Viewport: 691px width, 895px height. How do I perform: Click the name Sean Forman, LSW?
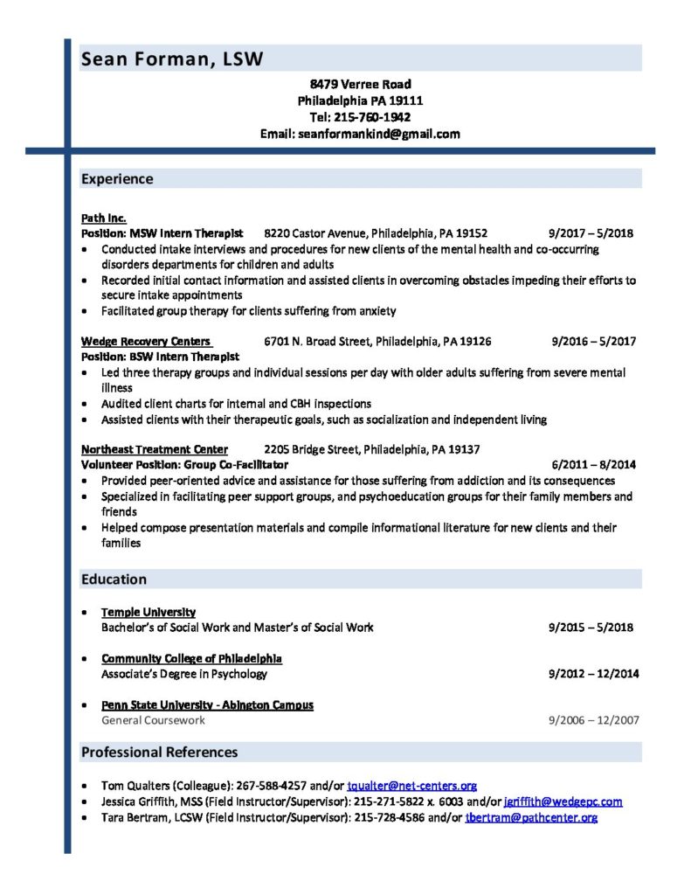[x=171, y=59]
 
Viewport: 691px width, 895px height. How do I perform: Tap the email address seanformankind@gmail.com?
[x=390, y=134]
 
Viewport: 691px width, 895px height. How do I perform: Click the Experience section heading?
[x=117, y=179]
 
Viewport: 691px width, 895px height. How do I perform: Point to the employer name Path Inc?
[x=103, y=218]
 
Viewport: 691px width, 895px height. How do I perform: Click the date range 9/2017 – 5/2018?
[x=591, y=233]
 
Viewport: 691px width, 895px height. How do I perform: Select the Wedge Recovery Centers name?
[x=146, y=341]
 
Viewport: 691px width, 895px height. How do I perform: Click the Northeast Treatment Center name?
[x=155, y=449]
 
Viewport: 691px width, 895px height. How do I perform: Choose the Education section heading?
[x=114, y=579]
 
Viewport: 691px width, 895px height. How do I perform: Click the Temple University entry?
[x=149, y=612]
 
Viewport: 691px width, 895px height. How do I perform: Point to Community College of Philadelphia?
[x=191, y=658]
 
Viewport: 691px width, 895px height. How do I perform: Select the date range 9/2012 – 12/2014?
[x=594, y=674]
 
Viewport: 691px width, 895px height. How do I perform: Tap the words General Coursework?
[x=153, y=720]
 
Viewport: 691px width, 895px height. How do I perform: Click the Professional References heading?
[x=159, y=753]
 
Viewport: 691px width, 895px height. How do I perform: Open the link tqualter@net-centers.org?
[x=411, y=786]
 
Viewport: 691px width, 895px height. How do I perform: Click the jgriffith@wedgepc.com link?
[x=563, y=801]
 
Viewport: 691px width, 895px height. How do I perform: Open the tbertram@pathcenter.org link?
[x=531, y=817]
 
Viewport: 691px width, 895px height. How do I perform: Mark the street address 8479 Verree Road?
[x=360, y=85]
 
